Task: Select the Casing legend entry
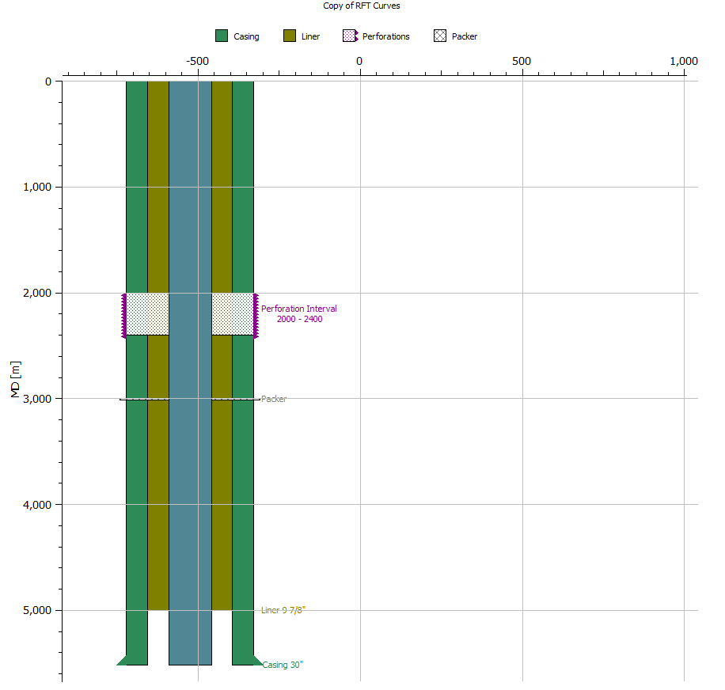237,36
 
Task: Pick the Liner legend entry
302,36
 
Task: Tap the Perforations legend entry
377,36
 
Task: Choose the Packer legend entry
456,36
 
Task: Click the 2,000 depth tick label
36,293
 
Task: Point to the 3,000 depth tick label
36,399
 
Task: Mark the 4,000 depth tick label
36,505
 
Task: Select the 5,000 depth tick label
36,610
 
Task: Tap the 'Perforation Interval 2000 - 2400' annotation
299,314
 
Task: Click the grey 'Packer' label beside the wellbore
274,399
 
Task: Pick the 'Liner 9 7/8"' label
283,610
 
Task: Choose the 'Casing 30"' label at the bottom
283,665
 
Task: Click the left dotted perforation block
148,314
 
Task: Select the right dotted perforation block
233,314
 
